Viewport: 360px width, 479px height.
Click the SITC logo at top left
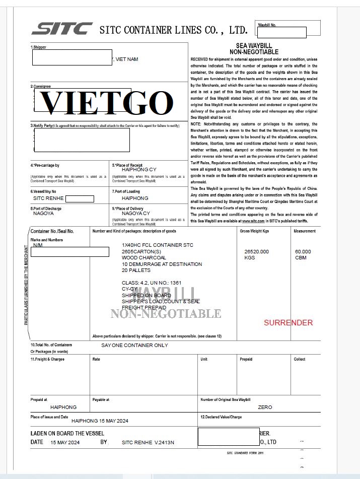click(61, 29)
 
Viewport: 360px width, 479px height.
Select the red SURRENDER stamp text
click(288, 322)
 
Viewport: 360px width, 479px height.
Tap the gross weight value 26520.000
click(256, 251)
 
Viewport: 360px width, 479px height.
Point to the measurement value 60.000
click(303, 251)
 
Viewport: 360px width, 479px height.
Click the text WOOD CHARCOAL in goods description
click(143, 257)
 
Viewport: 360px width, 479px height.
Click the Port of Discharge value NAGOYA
click(43, 213)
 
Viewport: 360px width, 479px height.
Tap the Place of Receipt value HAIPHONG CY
click(139, 170)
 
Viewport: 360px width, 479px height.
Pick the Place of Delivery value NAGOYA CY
click(136, 213)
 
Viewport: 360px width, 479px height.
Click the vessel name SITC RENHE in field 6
click(48, 198)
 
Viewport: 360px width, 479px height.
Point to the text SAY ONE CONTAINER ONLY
click(134, 345)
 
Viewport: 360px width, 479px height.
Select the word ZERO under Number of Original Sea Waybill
click(264, 407)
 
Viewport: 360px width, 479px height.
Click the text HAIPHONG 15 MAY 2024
click(100, 420)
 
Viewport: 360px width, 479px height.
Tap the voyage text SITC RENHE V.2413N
click(148, 442)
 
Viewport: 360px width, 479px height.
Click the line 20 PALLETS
click(136, 270)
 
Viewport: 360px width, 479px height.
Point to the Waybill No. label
click(267, 25)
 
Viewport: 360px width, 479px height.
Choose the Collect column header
click(300, 359)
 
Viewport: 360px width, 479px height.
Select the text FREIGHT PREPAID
click(144, 307)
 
